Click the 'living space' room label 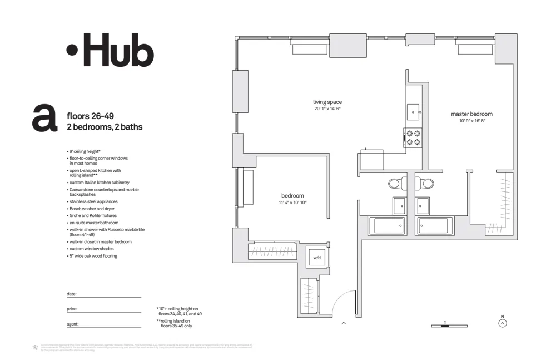(327, 102)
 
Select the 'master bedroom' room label (471, 114)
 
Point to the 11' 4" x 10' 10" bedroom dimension (292, 203)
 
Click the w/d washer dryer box (317, 258)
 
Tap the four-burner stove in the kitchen (413, 137)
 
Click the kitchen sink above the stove (414, 111)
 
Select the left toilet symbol (395, 183)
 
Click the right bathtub (433, 225)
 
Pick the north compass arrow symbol (503, 323)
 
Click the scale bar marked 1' (449, 325)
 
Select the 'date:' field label (71, 294)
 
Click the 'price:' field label (72, 308)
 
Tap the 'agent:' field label (72, 323)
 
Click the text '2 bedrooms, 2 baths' (104, 127)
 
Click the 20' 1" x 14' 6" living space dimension (327, 109)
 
